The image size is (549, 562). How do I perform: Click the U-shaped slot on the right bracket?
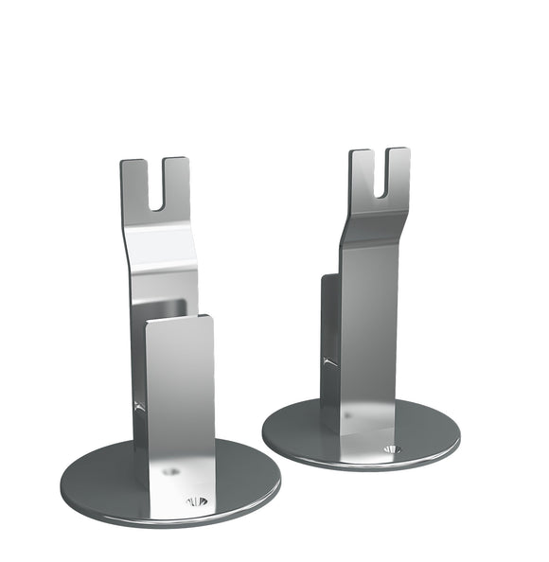click(x=380, y=176)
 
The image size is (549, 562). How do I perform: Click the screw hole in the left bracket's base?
click(x=196, y=501)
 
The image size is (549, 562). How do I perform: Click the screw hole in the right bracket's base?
click(x=391, y=448)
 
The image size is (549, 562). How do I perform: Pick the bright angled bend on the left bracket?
click(x=161, y=251)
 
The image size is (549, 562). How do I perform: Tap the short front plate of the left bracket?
click(x=179, y=397)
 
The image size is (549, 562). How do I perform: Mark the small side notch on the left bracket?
click(x=138, y=407)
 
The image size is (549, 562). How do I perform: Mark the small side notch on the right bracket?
click(x=327, y=360)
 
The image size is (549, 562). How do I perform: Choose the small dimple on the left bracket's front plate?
click(x=170, y=469)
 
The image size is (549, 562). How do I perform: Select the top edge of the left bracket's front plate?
click(x=179, y=320)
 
